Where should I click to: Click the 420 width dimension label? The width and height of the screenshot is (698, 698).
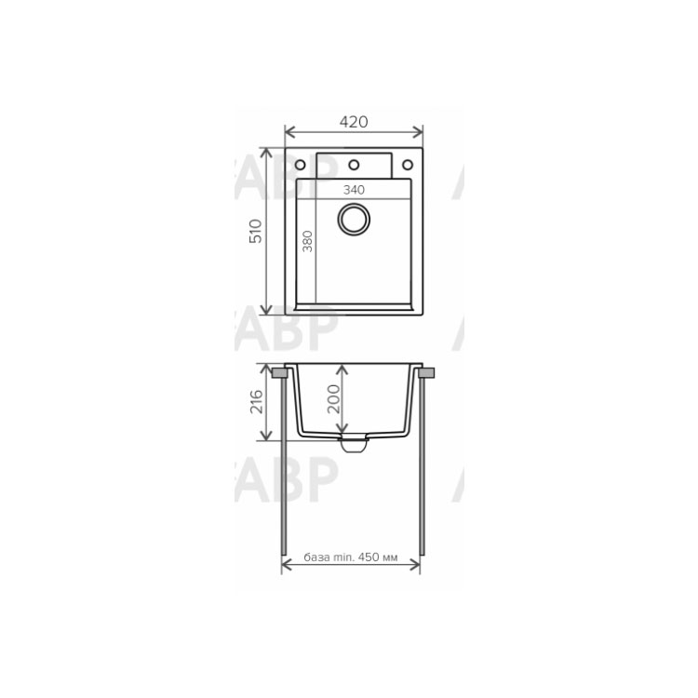pos(354,122)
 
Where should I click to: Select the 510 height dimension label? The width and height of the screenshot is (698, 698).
pos(256,231)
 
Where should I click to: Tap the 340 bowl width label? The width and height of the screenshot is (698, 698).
pos(354,190)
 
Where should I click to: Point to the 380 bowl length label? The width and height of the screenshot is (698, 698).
pos(307,241)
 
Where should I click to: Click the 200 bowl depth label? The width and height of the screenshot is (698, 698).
pos(333,399)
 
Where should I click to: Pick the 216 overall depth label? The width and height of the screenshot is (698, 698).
pos(257,401)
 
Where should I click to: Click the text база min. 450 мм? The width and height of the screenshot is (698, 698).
pos(351,557)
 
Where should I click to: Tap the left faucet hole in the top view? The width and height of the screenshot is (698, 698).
pos(300,165)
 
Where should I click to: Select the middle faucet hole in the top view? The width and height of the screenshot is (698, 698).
pos(354,165)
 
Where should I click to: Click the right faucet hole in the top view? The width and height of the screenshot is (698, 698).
pos(408,165)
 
